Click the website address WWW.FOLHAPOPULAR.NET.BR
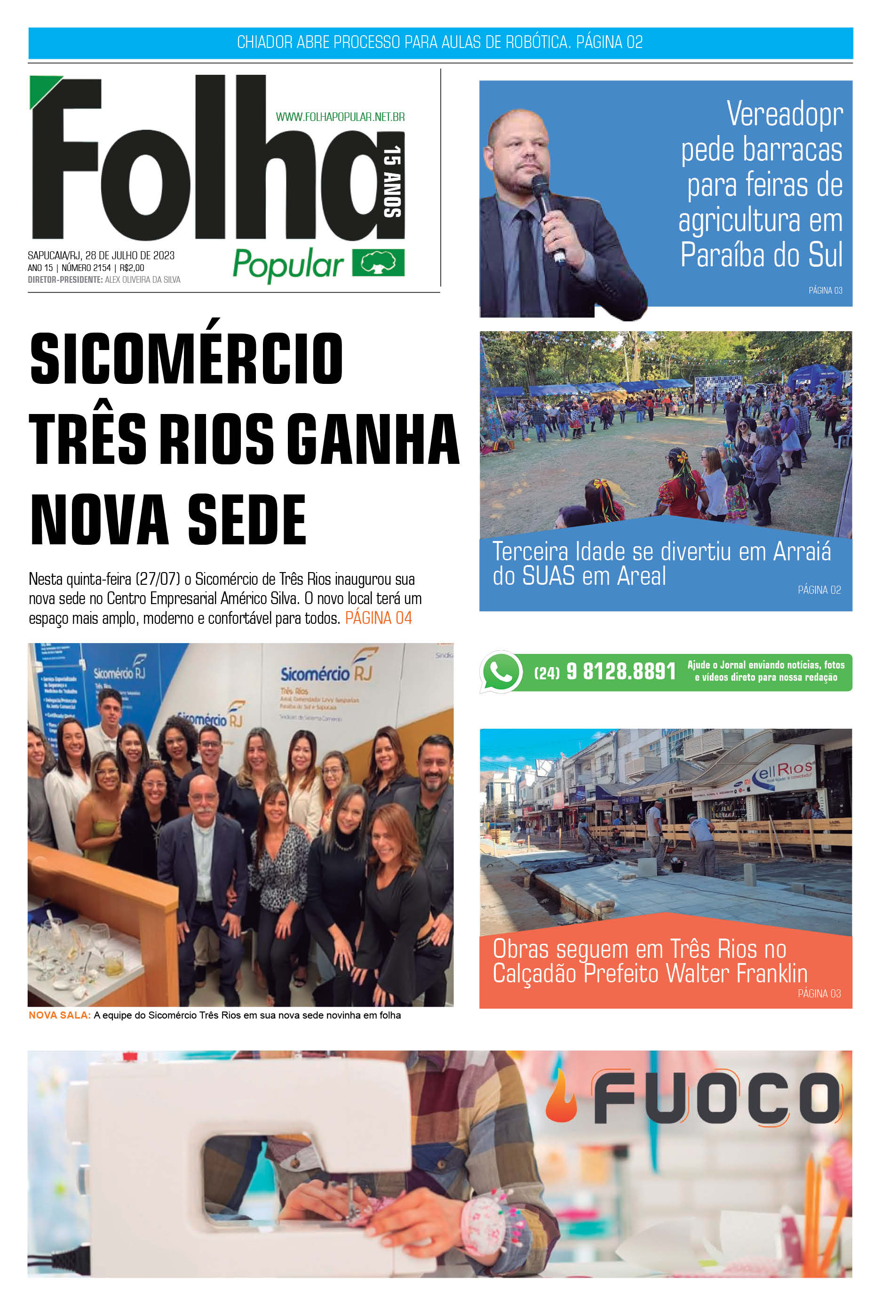pos(340,117)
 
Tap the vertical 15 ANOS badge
pos(392,181)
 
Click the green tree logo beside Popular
pos(378,263)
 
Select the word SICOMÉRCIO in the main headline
pos(186,358)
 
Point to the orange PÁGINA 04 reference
pos(378,618)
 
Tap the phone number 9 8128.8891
pos(620,671)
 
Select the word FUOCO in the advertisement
pos(716,1098)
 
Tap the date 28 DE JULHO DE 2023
pos(130,255)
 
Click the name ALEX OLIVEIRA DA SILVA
pos(143,280)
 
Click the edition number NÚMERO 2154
pos(86,268)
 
